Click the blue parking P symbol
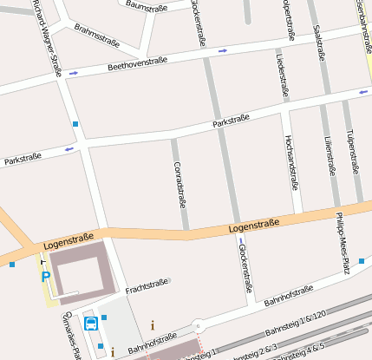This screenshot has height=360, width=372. (x=46, y=277)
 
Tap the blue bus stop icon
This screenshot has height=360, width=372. (x=90, y=324)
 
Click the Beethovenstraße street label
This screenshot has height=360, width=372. (x=137, y=63)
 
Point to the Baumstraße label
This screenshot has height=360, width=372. (x=145, y=6)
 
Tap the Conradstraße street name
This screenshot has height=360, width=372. (x=179, y=184)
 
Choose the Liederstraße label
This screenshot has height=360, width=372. (x=282, y=75)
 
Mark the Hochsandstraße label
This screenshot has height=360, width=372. (x=291, y=161)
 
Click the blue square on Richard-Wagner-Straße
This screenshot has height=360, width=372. (x=75, y=125)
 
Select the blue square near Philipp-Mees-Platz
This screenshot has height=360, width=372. (x=362, y=260)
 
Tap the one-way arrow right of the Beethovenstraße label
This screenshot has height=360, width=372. (x=223, y=50)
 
